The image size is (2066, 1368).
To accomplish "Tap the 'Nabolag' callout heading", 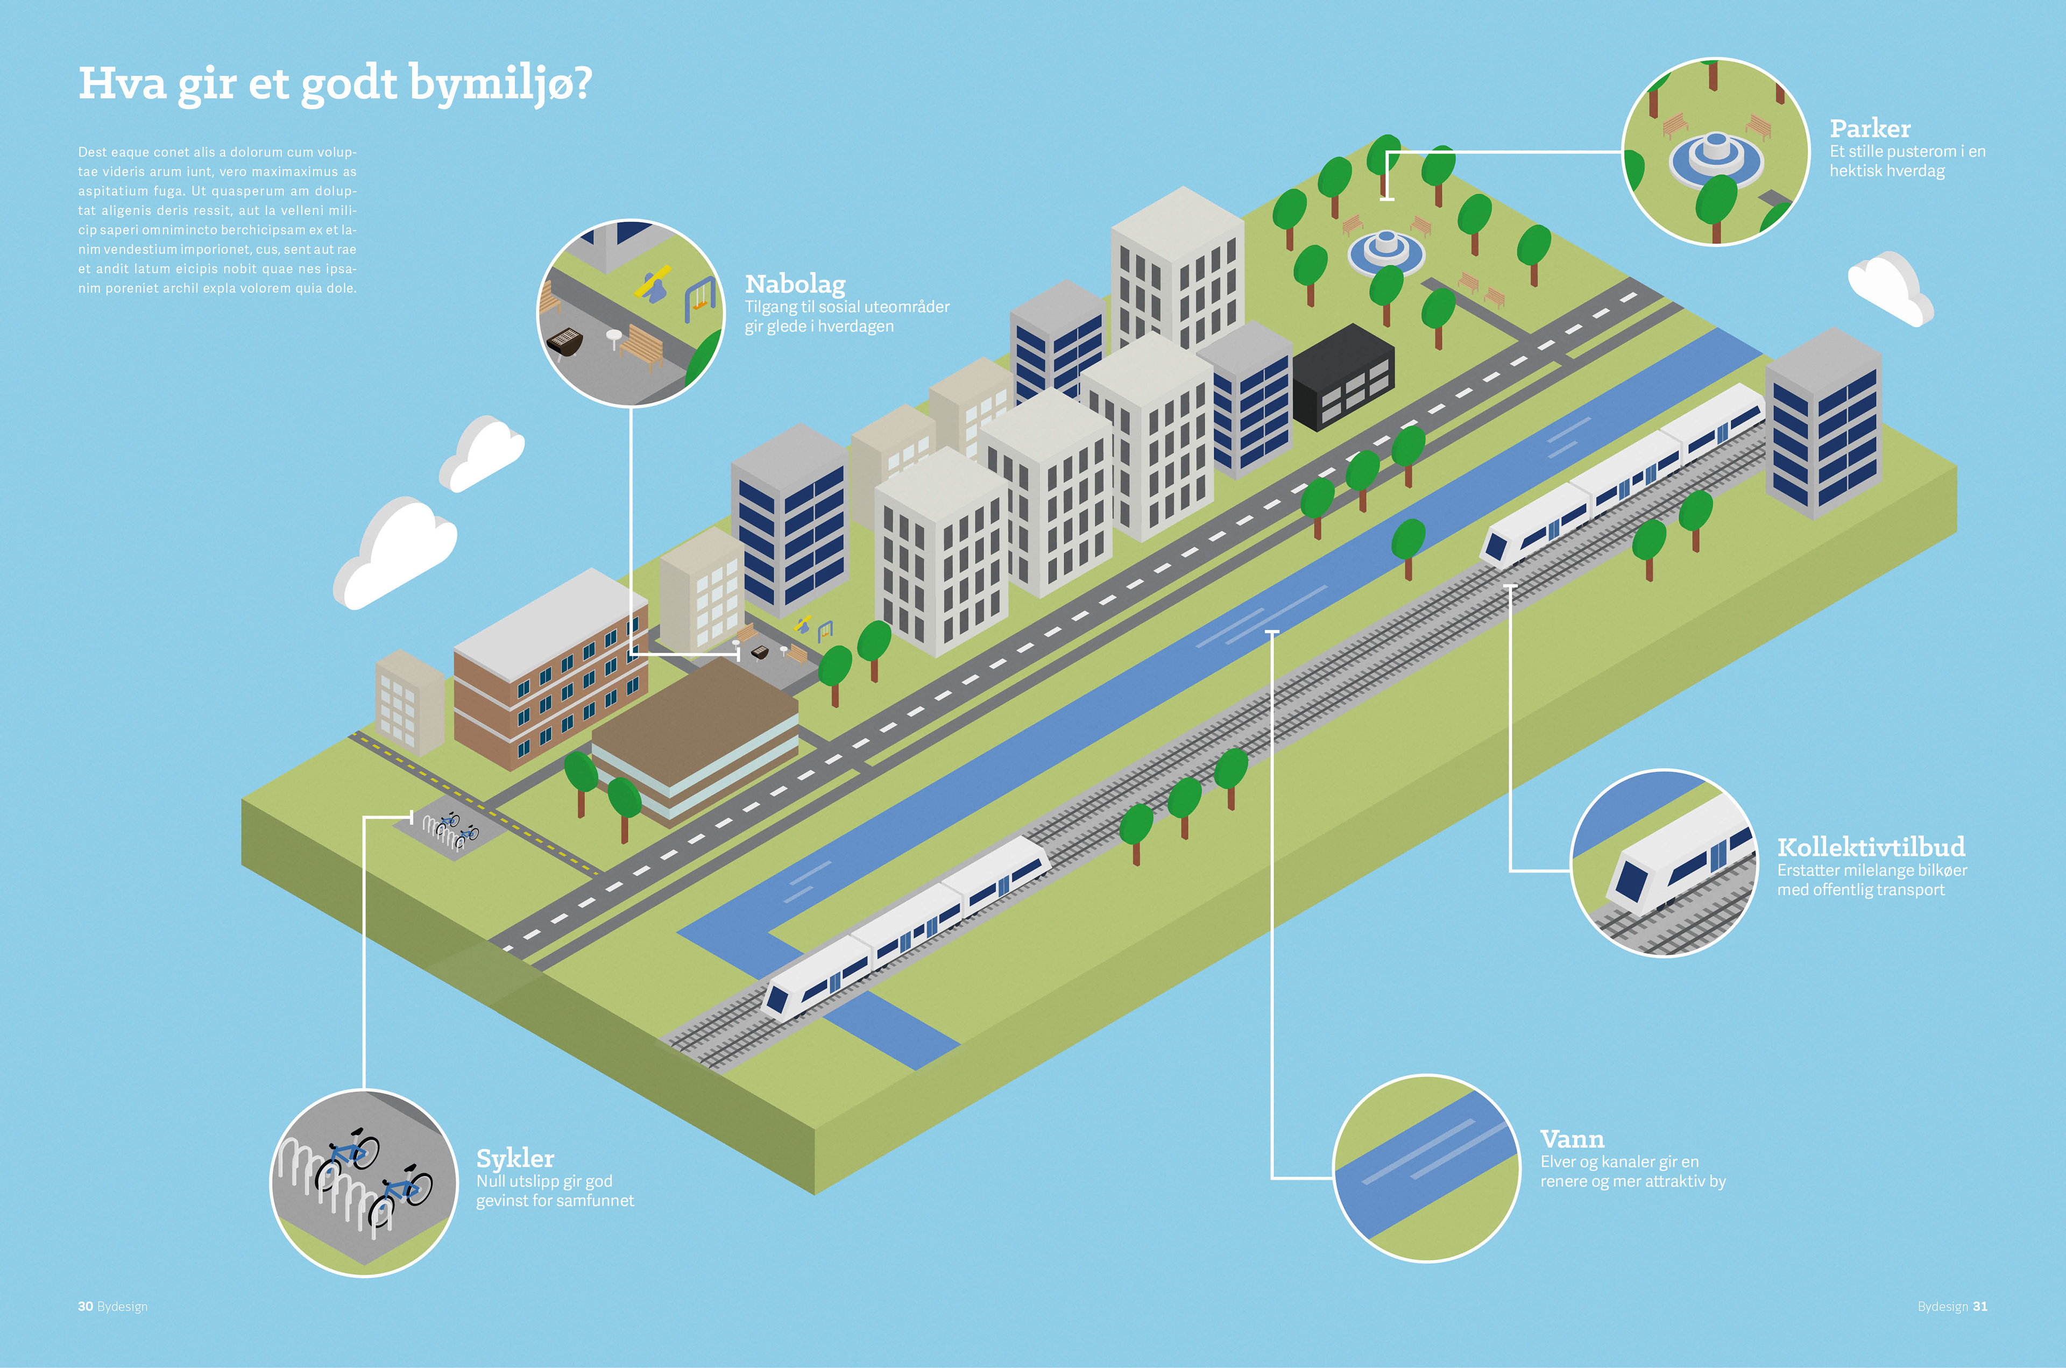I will (795, 285).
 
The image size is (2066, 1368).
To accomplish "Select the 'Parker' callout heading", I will (1870, 129).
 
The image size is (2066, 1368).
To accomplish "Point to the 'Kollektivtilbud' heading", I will (1871, 847).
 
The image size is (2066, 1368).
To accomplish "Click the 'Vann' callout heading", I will (1572, 1139).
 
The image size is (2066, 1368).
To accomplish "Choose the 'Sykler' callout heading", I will (515, 1159).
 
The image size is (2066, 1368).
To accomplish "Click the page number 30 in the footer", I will (86, 1306).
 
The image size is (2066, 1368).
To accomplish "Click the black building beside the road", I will (1343, 377).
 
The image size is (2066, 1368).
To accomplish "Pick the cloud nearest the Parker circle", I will (1888, 288).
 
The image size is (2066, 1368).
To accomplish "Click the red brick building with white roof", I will (550, 668).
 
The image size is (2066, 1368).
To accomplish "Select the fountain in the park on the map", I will (1385, 250).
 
